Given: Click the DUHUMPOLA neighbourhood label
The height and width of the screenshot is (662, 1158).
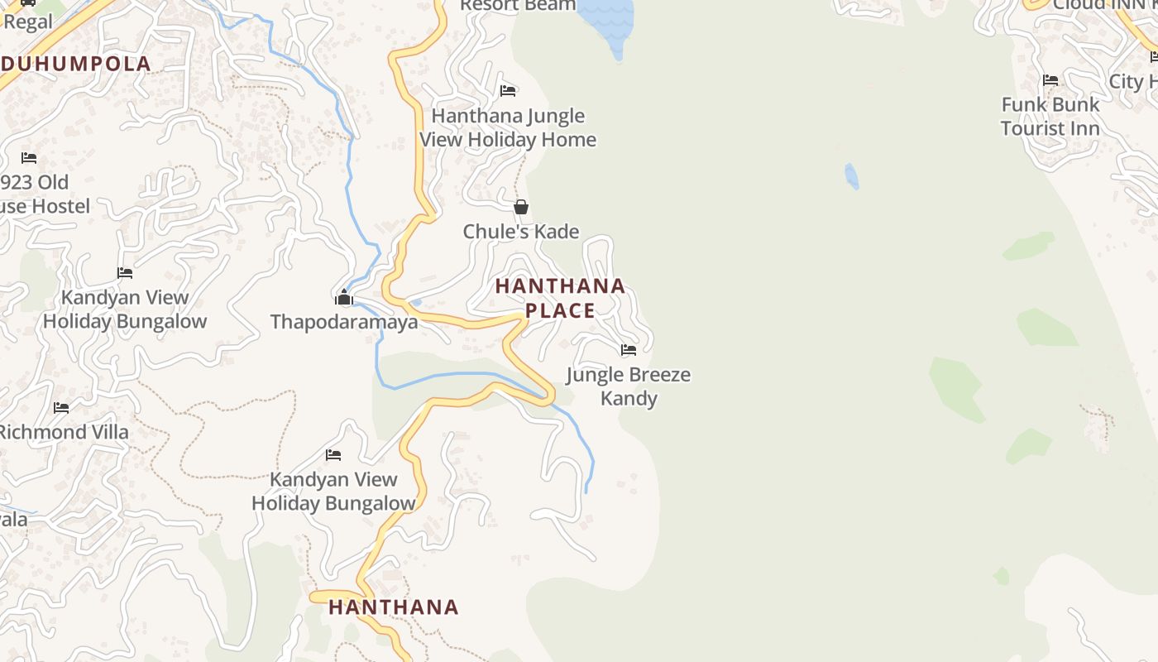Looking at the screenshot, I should click(x=76, y=64).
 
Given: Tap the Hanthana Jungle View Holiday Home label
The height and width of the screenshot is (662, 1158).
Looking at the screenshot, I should click(x=508, y=127).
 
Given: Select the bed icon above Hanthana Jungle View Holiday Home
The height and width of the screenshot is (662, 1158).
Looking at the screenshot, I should click(x=508, y=90).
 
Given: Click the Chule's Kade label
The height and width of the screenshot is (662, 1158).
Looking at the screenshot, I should click(x=521, y=232).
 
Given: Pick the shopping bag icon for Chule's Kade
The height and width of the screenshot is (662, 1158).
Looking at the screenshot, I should click(x=521, y=207).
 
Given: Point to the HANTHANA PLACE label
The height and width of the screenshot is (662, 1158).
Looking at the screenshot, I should click(x=560, y=298).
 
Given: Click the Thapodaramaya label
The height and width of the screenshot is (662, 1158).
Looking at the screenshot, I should click(x=344, y=322).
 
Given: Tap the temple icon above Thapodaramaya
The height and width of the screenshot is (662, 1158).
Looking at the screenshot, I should click(x=344, y=298).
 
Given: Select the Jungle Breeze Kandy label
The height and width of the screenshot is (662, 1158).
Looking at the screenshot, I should click(x=629, y=386).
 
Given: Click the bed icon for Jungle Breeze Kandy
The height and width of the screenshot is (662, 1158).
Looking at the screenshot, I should click(x=629, y=350).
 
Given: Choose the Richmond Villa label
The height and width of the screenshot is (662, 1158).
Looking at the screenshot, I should click(x=63, y=432).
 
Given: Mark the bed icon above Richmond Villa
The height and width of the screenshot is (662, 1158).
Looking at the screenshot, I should click(x=61, y=407).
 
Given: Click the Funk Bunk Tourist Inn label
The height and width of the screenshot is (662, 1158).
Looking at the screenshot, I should click(x=1050, y=117).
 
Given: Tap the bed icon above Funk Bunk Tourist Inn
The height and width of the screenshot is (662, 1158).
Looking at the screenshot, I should click(x=1050, y=80).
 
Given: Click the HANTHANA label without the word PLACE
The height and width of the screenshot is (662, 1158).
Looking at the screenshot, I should click(x=394, y=607).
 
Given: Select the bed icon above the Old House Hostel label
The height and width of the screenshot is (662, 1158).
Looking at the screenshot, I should click(x=29, y=157).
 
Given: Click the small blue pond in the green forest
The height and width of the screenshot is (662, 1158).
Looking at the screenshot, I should click(x=851, y=175).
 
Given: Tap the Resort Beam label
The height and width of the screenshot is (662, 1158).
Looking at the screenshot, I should click(x=518, y=6).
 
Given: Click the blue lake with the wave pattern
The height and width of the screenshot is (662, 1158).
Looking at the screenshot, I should click(x=608, y=21).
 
